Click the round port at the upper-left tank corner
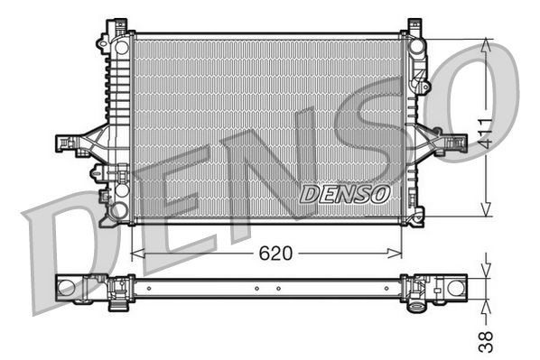(x=121, y=46)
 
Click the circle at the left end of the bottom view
(x=67, y=288)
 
